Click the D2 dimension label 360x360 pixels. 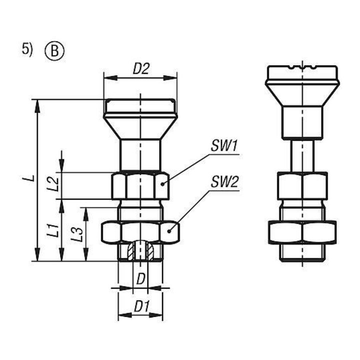(x=141, y=68)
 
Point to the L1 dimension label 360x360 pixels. (x=53, y=230)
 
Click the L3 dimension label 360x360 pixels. (x=77, y=234)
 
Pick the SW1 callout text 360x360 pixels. (x=224, y=146)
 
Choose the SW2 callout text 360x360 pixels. (x=224, y=182)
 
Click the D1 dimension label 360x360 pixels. (x=142, y=306)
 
